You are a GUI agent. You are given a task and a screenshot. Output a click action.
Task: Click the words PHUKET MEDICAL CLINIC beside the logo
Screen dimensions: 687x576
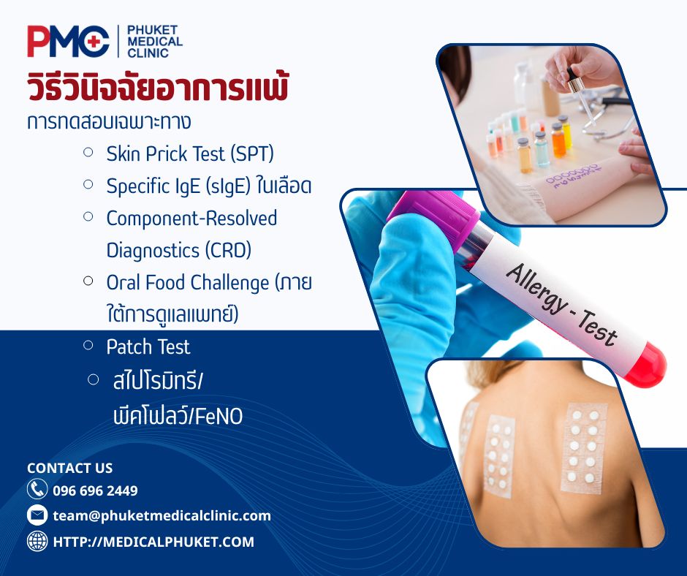tap(155, 42)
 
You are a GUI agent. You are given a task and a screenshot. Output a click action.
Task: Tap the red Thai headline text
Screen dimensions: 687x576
tap(158, 88)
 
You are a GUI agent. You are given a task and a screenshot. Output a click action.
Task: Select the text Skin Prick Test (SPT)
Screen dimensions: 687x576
tap(190, 154)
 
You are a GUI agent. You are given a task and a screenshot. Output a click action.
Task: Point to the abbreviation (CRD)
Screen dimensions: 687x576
tap(228, 250)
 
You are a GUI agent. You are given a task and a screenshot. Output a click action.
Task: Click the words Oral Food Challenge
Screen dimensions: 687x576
tap(188, 283)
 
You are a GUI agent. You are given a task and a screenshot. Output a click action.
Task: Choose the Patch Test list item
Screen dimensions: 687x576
tap(148, 346)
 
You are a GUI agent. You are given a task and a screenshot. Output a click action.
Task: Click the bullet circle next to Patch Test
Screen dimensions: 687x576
tap(88, 345)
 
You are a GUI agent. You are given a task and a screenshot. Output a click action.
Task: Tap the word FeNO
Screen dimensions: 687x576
tap(219, 416)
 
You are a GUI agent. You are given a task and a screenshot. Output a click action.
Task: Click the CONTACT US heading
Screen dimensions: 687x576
tap(69, 468)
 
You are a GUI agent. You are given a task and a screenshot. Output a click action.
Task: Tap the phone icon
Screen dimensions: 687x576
tap(37, 489)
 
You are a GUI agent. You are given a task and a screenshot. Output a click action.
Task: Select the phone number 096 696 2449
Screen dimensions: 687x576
tap(95, 490)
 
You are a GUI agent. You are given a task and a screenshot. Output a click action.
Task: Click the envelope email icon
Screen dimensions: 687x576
tap(37, 515)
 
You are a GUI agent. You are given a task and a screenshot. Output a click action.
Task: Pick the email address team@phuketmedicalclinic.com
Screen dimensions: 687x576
tap(162, 516)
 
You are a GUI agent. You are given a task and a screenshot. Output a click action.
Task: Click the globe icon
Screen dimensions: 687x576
tap(37, 541)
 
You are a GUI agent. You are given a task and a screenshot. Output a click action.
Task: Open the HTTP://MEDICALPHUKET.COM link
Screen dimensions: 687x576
tap(153, 542)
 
